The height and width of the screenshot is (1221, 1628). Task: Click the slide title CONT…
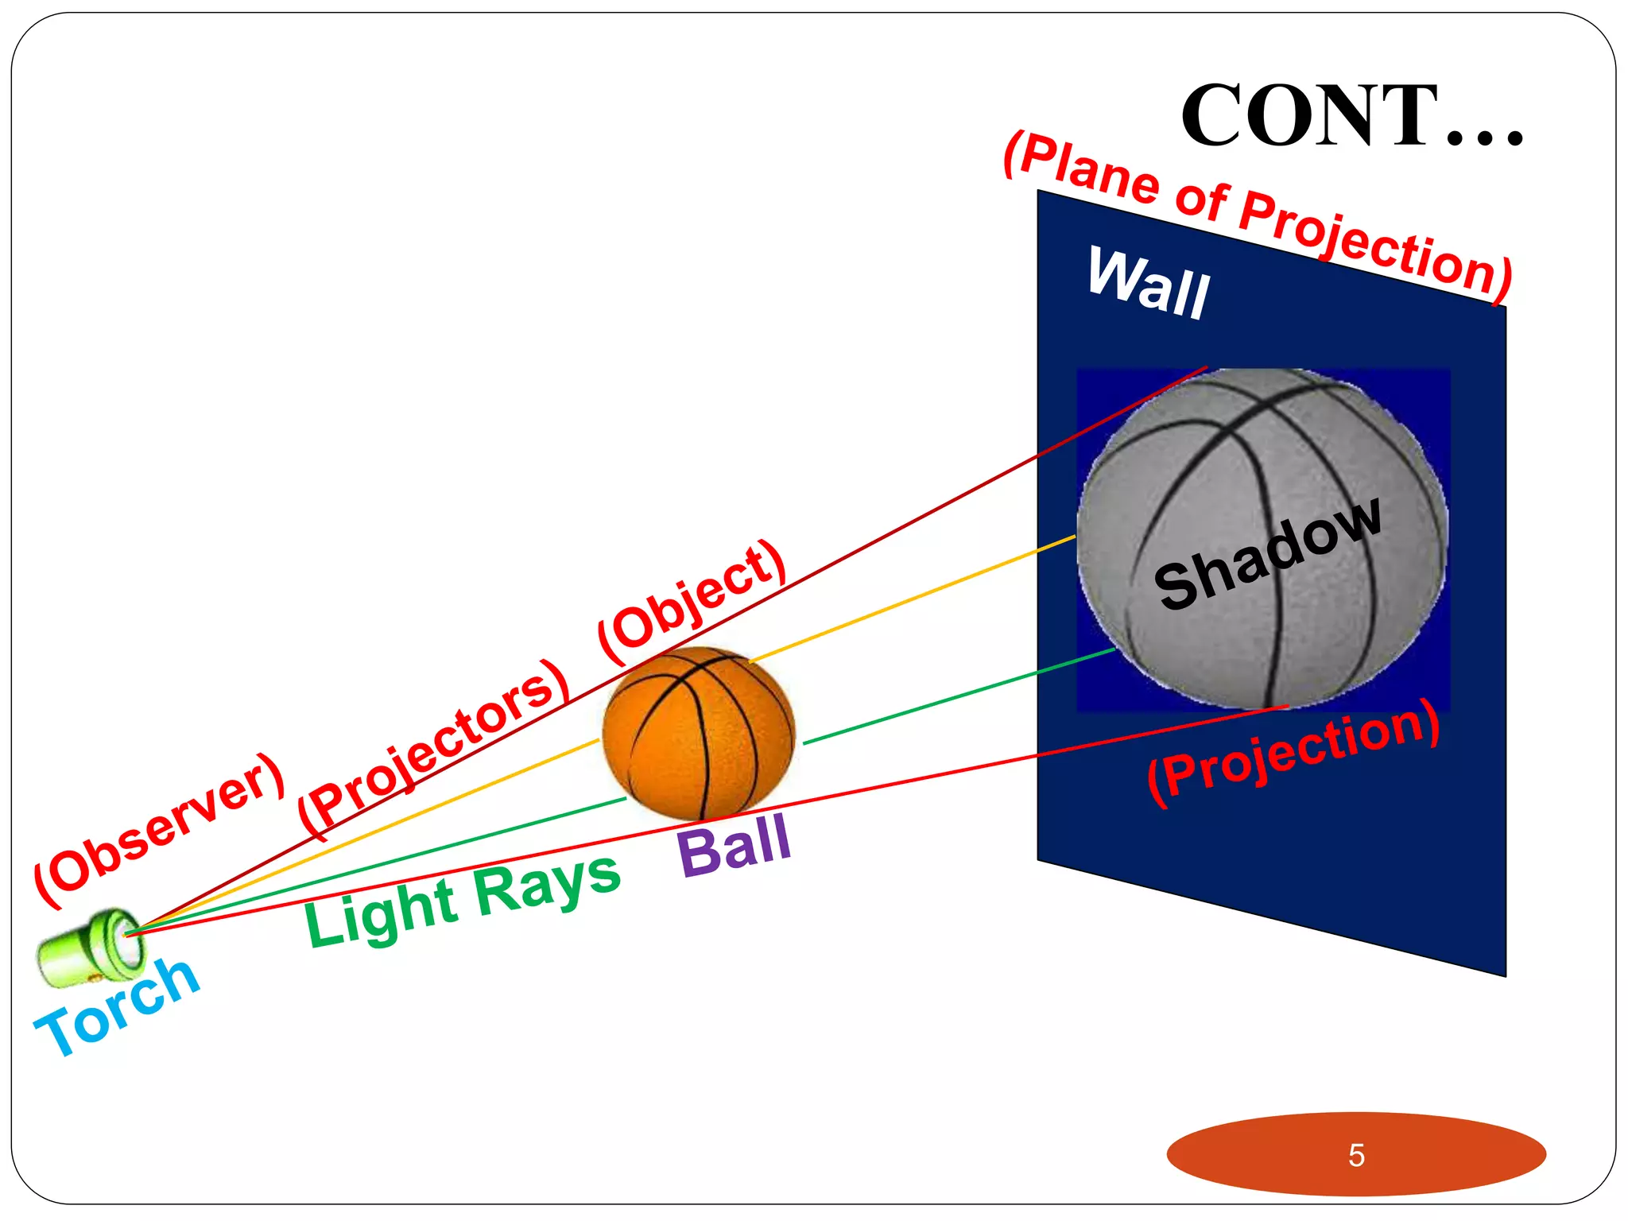click(1351, 117)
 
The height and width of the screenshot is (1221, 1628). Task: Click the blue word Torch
click(118, 1007)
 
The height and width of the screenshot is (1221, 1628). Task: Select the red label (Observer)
click(159, 831)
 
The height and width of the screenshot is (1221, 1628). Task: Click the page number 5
click(1356, 1155)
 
